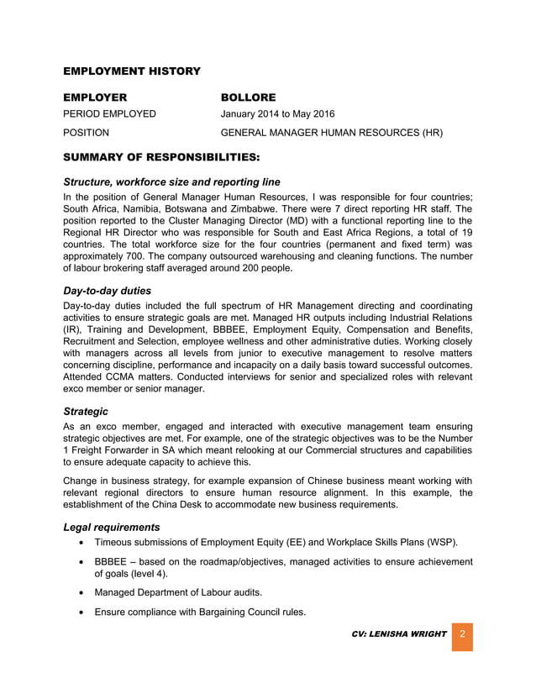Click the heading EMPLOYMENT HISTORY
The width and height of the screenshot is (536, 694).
tap(132, 71)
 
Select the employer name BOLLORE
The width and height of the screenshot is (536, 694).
tap(248, 97)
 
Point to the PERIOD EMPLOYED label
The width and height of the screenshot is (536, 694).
tap(109, 114)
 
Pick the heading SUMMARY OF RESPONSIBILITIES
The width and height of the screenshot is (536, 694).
tap(161, 157)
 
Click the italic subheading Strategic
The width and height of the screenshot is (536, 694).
tap(86, 412)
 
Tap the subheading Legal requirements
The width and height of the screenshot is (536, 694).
tap(112, 527)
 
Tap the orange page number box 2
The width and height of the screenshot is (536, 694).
tap(462, 635)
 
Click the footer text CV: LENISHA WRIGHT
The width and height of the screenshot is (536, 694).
tap(399, 634)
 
